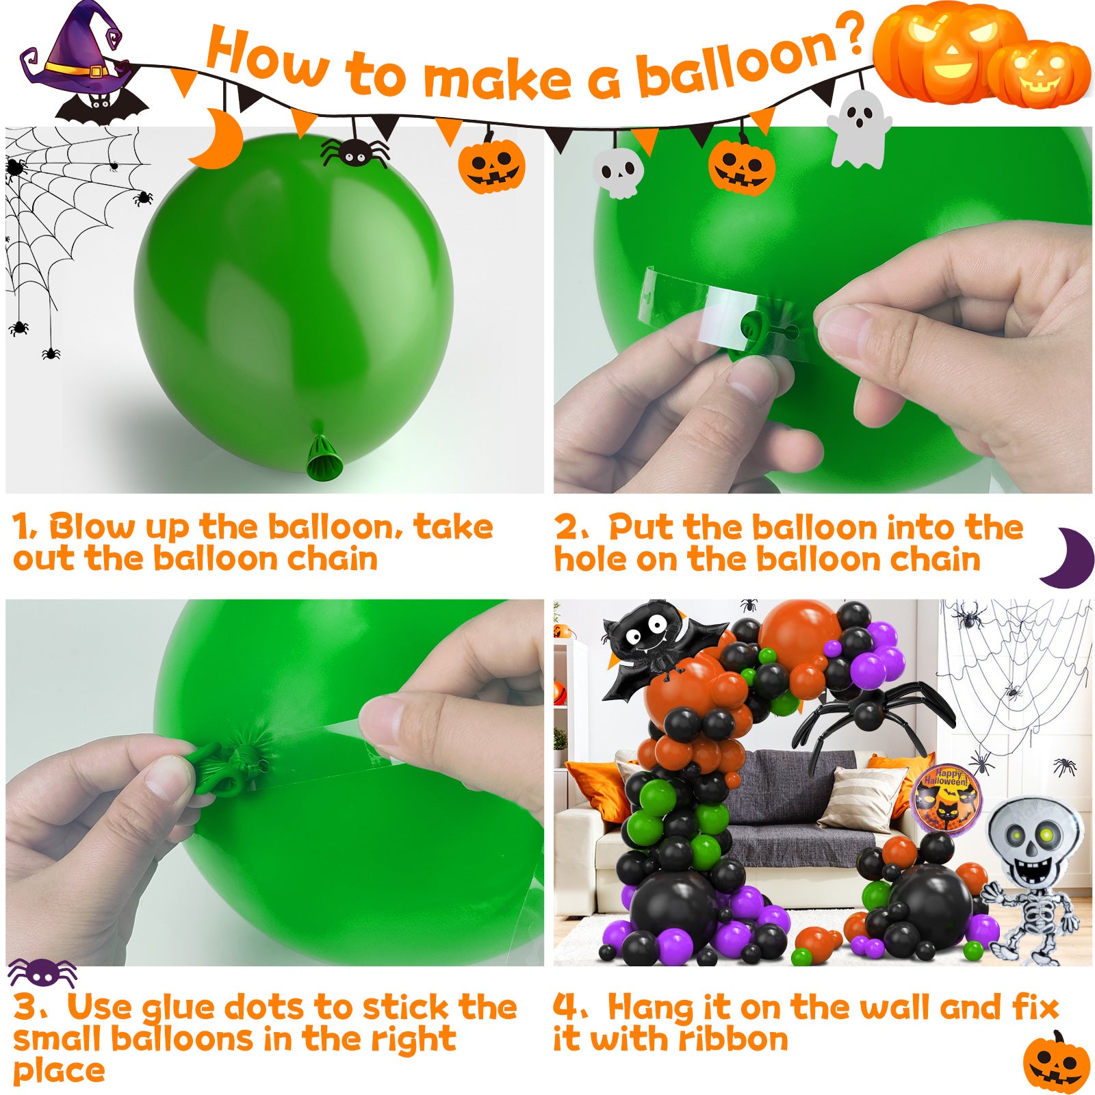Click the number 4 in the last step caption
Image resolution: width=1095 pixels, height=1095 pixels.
coord(565,1007)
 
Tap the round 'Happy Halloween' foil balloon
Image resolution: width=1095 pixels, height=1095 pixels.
coord(946,797)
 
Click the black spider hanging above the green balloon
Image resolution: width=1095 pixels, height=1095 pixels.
coord(354,152)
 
